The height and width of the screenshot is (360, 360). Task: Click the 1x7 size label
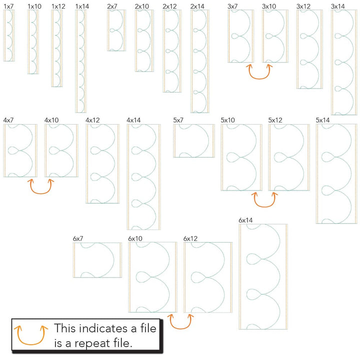click(x=8, y=6)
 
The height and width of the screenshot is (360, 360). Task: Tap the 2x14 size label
click(x=197, y=6)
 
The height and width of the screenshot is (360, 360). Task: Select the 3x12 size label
click(x=303, y=6)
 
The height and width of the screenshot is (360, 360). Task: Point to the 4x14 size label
click(x=133, y=120)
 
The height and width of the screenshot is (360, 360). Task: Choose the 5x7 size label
click(x=178, y=120)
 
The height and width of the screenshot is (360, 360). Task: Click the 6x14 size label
click(x=245, y=220)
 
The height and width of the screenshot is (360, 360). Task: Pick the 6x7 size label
click(x=78, y=238)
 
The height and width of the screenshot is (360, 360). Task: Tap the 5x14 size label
click(x=322, y=120)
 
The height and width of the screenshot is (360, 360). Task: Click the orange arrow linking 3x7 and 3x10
click(x=259, y=78)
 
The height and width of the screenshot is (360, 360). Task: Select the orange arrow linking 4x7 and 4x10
click(x=40, y=193)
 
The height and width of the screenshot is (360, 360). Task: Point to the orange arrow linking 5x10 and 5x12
click(x=264, y=206)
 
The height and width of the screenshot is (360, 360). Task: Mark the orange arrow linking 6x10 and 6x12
click(x=180, y=328)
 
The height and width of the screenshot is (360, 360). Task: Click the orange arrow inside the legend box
click(x=31, y=343)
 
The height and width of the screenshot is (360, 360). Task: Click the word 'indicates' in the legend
click(x=104, y=328)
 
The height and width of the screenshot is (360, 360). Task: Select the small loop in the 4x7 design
click(x=13, y=150)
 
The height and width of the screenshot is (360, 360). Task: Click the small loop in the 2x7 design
click(x=112, y=30)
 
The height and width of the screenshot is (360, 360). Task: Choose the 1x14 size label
click(x=82, y=6)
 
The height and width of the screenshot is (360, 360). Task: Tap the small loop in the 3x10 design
click(x=269, y=36)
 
